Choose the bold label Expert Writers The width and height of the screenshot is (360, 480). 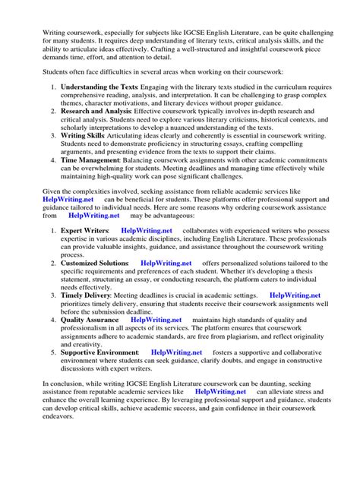[x=84, y=251]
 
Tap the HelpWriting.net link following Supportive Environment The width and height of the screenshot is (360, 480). [x=176, y=374]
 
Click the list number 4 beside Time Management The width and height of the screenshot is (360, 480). [x=52, y=160]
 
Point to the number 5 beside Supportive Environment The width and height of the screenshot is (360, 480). [x=52, y=374]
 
